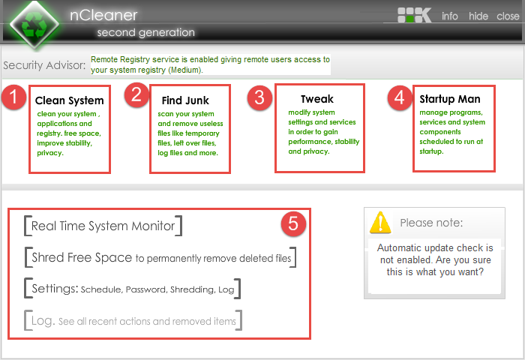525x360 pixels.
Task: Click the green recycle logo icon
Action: coord(34,25)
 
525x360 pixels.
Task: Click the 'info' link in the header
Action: coord(450,16)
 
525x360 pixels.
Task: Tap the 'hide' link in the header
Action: coord(478,16)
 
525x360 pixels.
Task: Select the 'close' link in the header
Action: coord(508,16)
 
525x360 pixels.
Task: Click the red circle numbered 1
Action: coord(13,97)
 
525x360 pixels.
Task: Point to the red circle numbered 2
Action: coord(136,94)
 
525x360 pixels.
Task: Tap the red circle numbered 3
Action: coord(259,97)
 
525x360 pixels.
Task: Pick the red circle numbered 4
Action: coord(400,97)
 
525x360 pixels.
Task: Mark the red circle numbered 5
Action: coord(293,223)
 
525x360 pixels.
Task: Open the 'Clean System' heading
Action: coord(69,100)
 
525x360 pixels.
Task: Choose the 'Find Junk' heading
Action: coord(185,100)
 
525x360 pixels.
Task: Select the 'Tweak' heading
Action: coord(317,99)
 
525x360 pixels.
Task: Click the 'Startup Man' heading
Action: coord(450,99)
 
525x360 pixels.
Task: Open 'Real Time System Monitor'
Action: coord(103,226)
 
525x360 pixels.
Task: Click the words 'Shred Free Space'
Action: coord(82,257)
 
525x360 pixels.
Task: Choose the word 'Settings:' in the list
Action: coord(55,289)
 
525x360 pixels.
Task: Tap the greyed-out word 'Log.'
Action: coord(43,321)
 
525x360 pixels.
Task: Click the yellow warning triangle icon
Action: coord(380,222)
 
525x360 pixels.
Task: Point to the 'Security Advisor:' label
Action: coord(44,65)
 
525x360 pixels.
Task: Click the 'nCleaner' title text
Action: coord(103,16)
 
